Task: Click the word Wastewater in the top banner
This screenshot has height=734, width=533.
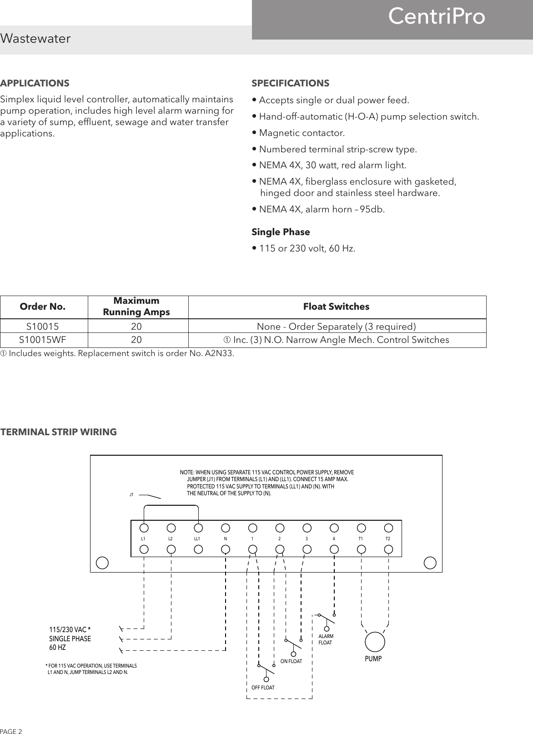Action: pos(35,39)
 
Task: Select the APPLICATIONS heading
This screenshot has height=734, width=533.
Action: pos(35,83)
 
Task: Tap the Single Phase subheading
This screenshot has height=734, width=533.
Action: pos(281,232)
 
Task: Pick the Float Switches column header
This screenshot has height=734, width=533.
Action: pos(336,307)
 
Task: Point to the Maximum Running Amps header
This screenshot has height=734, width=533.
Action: pos(136,307)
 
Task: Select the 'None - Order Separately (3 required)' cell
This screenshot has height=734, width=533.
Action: pos(336,327)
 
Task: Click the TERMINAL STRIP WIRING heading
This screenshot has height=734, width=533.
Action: pos(59,432)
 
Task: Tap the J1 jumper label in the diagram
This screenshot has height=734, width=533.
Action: pos(131,494)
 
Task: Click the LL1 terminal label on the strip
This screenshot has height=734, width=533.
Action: pos(197,538)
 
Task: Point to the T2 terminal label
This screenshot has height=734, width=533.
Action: pos(388,538)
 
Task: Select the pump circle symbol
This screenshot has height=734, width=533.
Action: pos(375,641)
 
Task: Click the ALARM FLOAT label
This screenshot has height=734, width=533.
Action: pos(326,639)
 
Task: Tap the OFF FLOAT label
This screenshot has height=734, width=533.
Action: pos(263,688)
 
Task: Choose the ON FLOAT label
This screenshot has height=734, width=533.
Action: pos(291,661)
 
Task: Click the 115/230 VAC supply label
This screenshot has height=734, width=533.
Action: pos(70,629)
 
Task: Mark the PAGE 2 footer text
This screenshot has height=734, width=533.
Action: pos(11,731)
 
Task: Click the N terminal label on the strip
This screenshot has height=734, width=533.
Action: pos(225,538)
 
